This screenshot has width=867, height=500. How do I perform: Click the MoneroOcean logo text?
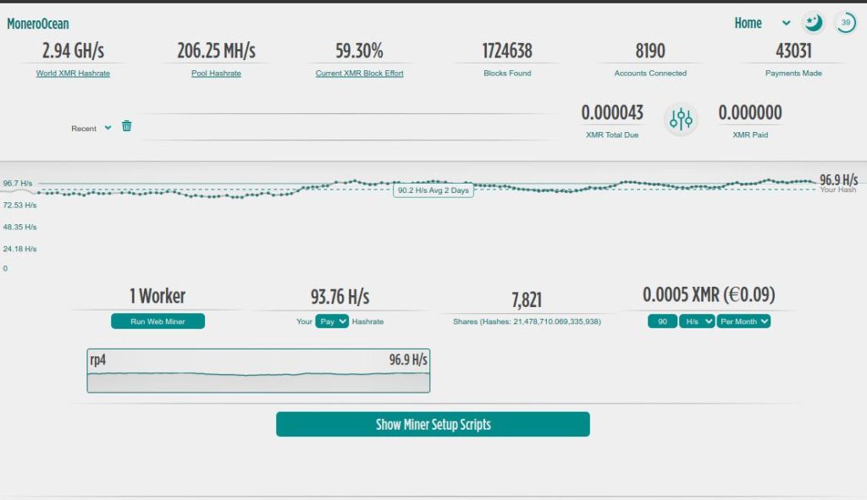click(x=38, y=24)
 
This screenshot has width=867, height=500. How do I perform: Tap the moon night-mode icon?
click(x=813, y=23)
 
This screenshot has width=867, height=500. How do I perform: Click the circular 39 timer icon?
click(x=845, y=23)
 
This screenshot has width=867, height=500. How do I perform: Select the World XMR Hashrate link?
click(x=73, y=74)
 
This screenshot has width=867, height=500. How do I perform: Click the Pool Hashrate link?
click(x=216, y=74)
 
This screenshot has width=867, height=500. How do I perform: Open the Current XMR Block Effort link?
click(x=359, y=74)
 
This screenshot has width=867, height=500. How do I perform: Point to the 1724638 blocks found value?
click(x=507, y=51)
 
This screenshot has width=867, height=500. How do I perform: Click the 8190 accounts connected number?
click(x=650, y=51)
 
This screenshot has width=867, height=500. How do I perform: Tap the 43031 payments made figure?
click(x=793, y=51)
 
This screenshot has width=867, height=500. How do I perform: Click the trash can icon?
click(x=127, y=126)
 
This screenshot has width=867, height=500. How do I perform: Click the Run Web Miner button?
click(x=157, y=321)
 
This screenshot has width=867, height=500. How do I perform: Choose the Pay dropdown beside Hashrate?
click(x=332, y=321)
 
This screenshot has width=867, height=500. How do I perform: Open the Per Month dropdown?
click(x=743, y=321)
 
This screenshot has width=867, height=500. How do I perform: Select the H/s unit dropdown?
click(x=697, y=321)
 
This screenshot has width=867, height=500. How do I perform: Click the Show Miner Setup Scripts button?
click(x=433, y=425)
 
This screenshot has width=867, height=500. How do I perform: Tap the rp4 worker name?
click(x=98, y=360)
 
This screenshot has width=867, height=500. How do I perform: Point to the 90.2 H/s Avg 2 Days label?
click(x=433, y=190)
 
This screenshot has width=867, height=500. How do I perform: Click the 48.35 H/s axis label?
click(x=19, y=227)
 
